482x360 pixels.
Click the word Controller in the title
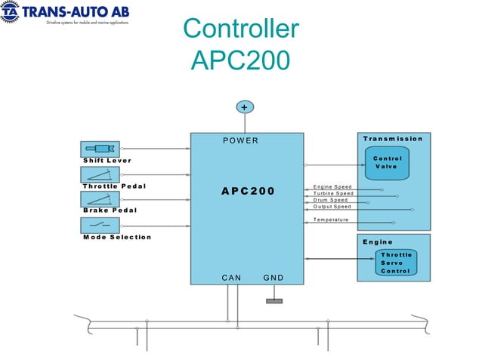(241, 29)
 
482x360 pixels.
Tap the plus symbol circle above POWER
(243, 107)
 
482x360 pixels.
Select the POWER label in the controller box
(241, 140)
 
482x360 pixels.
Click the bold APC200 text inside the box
(248, 191)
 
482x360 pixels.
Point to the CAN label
(231, 278)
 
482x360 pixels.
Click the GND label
(273, 278)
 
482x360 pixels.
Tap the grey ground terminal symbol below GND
(274, 301)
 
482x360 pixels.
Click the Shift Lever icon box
(100, 149)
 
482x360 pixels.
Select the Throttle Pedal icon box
(100, 174)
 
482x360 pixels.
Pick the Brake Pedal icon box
(100, 199)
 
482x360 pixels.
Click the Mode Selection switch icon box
(100, 225)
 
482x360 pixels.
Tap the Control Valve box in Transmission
(387, 162)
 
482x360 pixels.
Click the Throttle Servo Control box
(396, 263)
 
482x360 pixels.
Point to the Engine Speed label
(332, 186)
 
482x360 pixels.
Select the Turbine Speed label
(333, 193)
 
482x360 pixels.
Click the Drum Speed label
(331, 200)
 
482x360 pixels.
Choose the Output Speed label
(332, 206)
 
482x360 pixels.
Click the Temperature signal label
(331, 220)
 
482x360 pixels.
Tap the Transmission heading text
(393, 139)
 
